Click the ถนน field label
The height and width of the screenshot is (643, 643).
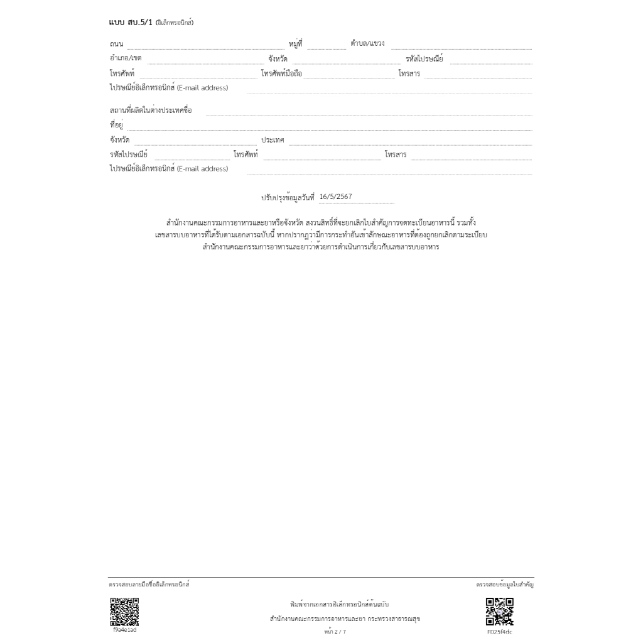116,44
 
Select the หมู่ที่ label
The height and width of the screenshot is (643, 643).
296,43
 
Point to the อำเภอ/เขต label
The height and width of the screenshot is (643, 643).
126,58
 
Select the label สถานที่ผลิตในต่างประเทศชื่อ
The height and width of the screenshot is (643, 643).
151,111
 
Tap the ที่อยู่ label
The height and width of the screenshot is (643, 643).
116,125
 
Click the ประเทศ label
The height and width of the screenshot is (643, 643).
273,140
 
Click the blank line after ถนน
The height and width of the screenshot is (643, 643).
205,46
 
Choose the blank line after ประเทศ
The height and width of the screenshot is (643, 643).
410,143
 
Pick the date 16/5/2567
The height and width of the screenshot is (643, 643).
336,197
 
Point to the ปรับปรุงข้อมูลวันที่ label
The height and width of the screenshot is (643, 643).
288,197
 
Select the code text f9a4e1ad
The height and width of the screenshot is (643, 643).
124,630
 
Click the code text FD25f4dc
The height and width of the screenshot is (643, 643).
500,632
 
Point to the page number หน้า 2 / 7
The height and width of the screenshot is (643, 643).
335,632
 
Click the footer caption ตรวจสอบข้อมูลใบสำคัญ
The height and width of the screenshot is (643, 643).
505,585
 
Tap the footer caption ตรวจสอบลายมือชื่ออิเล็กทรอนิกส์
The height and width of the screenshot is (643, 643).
149,585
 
